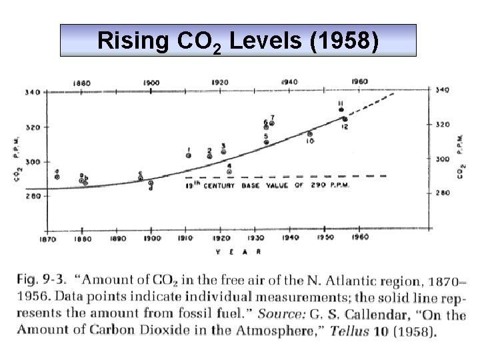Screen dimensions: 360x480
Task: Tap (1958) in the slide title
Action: click(345, 41)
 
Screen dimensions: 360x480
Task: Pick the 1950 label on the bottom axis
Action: click(325, 237)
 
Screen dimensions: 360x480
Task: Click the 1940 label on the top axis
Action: click(290, 82)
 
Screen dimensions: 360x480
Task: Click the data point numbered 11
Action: click(341, 110)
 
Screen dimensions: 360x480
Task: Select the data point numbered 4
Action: click(229, 171)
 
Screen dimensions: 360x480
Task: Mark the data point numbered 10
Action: click(310, 134)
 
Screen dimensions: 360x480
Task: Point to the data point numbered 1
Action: click(189, 155)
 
